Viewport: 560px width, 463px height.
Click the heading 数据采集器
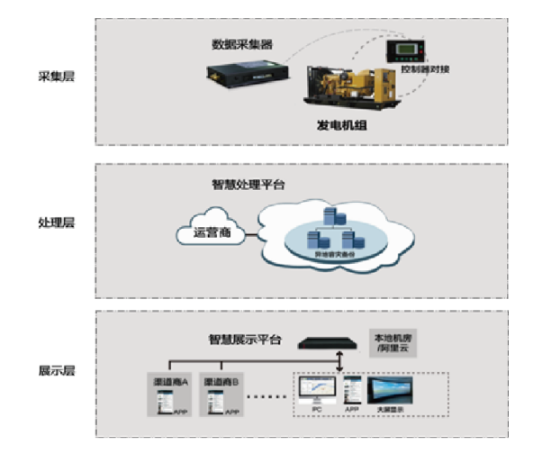(242, 43)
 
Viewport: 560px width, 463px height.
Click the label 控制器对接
(424, 68)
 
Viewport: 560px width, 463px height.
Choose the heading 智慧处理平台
(249, 185)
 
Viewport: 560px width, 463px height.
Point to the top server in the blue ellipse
(330, 216)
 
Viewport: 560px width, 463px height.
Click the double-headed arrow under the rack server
(339, 361)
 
